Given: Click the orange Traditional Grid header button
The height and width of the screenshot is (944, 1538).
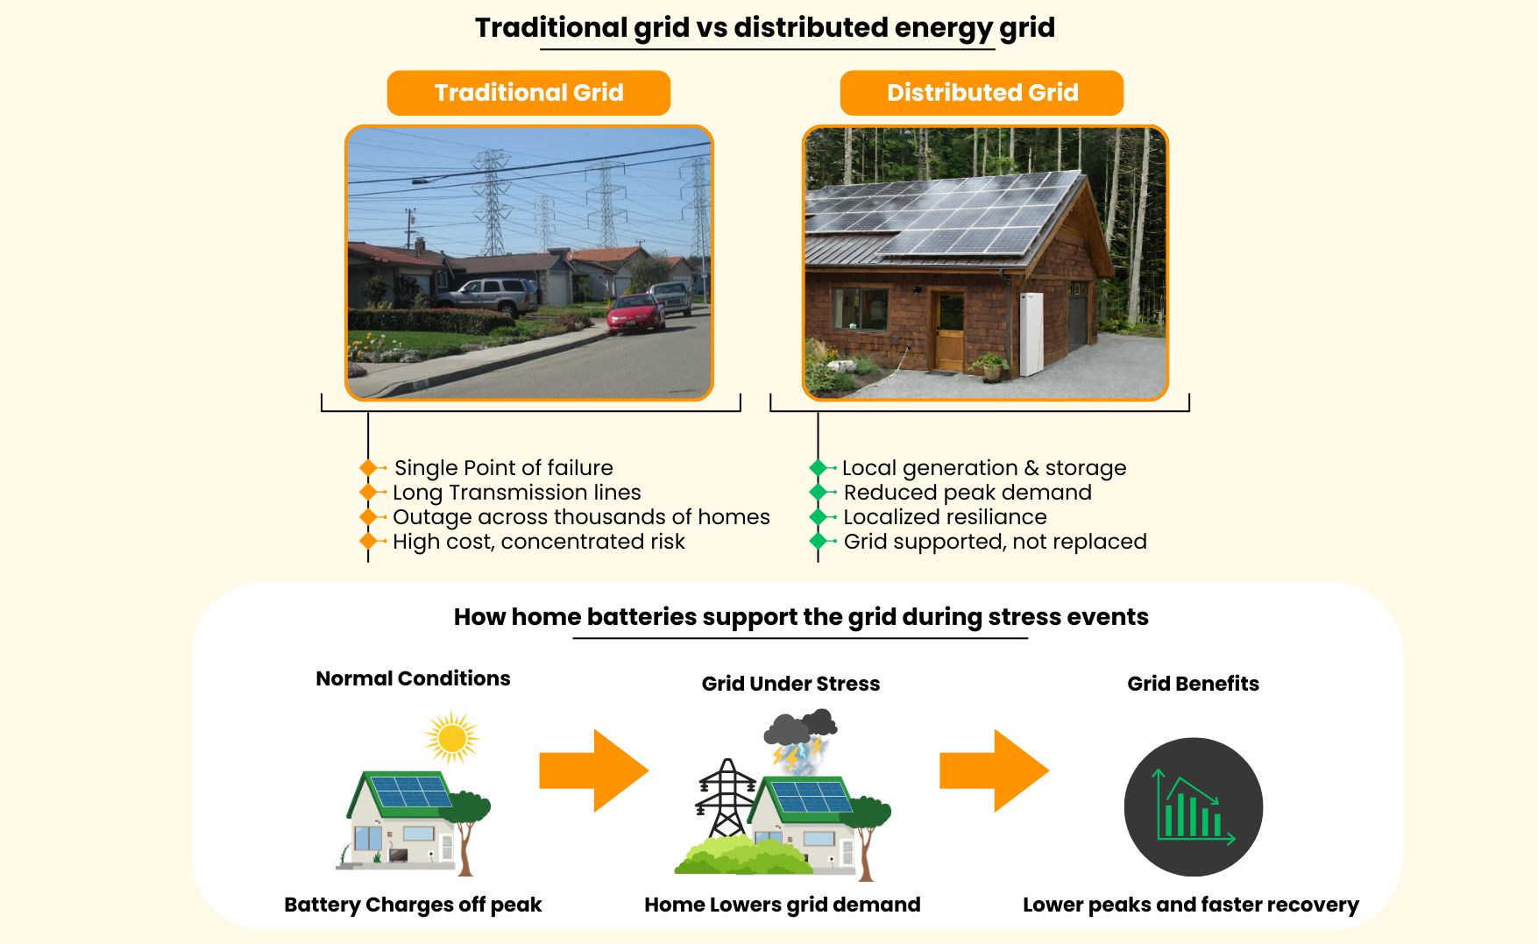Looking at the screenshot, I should click(x=528, y=93).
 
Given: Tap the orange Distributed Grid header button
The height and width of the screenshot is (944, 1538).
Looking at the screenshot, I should click(x=982, y=93).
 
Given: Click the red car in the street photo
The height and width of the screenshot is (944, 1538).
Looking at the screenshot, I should click(x=636, y=313).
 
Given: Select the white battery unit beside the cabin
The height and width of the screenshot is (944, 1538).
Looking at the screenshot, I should click(x=1031, y=333).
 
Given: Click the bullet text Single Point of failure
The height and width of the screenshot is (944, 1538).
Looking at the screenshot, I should click(x=503, y=468).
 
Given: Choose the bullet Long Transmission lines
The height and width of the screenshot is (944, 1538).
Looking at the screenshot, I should click(x=516, y=493).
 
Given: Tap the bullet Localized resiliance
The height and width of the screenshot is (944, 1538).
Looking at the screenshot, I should click(x=945, y=517).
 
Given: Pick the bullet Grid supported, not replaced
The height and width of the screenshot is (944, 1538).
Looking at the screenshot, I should click(x=995, y=542).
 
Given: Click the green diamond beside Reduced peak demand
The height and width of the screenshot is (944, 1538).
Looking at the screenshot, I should click(x=819, y=493).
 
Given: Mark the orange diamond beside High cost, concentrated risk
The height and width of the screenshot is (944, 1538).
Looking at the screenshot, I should click(x=368, y=542).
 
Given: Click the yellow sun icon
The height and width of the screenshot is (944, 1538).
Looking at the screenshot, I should click(x=451, y=737).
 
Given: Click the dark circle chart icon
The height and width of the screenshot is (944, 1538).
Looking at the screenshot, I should click(x=1193, y=806).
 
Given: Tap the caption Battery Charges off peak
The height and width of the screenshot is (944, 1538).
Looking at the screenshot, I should click(x=413, y=905).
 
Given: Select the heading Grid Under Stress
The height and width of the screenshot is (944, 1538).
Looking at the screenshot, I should click(x=790, y=684).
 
